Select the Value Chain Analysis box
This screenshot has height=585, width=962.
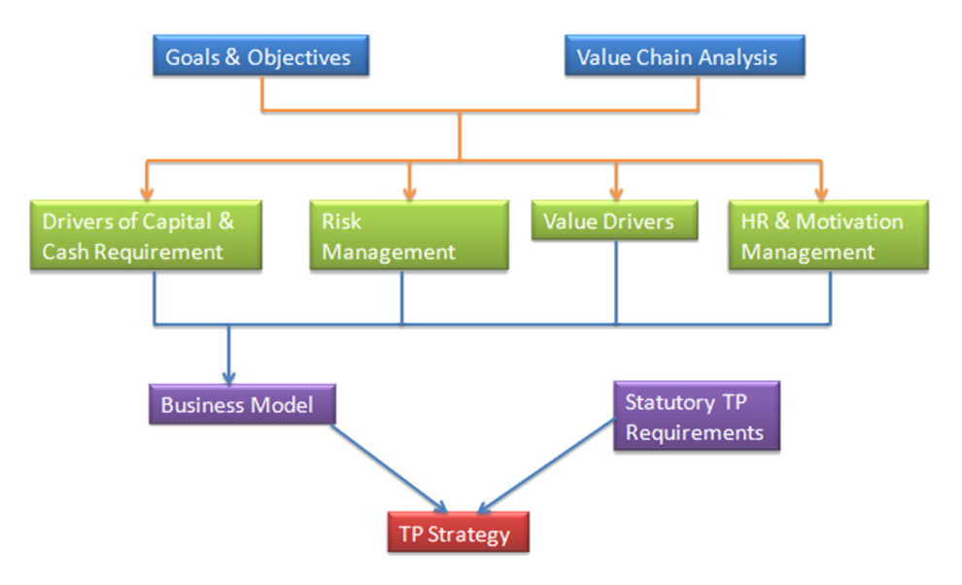click(x=684, y=57)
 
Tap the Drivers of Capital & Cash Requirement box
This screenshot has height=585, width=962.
click(x=146, y=235)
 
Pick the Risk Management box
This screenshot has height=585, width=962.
click(x=407, y=235)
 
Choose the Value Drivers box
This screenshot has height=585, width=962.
click(x=614, y=222)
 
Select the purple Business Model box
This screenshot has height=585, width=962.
click(x=237, y=404)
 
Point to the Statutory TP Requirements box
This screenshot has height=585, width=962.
click(x=697, y=417)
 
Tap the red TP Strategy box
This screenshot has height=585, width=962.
click(x=458, y=534)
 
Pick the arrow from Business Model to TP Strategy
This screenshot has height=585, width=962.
click(x=389, y=467)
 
